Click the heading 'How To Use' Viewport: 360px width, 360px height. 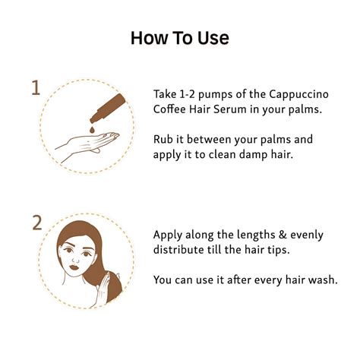(179, 37)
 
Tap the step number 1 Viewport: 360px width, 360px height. (35, 88)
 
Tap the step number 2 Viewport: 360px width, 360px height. (36, 223)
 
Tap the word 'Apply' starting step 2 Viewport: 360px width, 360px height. (169, 234)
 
